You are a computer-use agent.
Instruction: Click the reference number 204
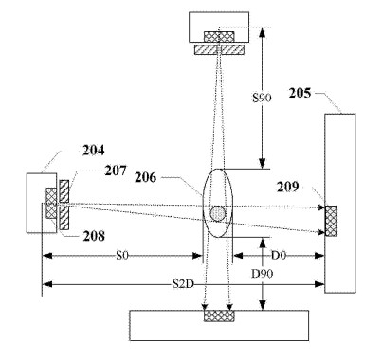pos(93,151)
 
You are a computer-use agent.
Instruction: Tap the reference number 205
pos(300,93)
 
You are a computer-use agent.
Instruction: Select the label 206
pos(145,177)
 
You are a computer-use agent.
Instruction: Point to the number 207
pos(116,171)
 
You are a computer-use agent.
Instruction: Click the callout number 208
pos(94,236)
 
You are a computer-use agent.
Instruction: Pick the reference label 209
pos(287,187)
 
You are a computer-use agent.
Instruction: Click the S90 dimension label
pos(262,98)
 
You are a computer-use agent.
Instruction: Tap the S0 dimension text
pos(122,255)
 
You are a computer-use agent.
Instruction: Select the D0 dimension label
pos(279,255)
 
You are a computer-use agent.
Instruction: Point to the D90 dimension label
pos(262,274)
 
